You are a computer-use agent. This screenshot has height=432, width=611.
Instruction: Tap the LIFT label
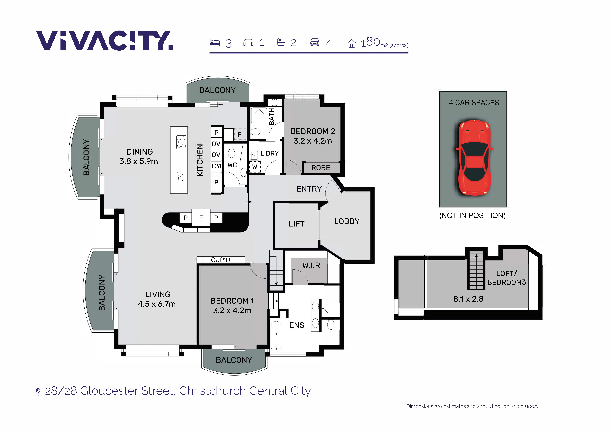[x=296, y=224]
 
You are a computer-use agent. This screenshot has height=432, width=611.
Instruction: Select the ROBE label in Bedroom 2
[x=321, y=168]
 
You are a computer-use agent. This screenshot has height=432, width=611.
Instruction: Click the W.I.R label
[x=311, y=265]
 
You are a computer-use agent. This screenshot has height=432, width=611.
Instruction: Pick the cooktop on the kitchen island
[x=181, y=142]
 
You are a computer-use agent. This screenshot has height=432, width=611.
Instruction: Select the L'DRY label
[x=270, y=153]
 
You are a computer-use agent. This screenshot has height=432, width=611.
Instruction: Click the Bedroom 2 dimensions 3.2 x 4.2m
[x=313, y=141]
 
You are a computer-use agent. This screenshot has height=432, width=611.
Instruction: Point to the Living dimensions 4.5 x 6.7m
[x=157, y=304]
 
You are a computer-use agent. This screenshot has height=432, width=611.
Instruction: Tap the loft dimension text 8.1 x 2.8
[x=468, y=299]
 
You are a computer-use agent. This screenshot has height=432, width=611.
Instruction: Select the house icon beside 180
[x=351, y=43]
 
